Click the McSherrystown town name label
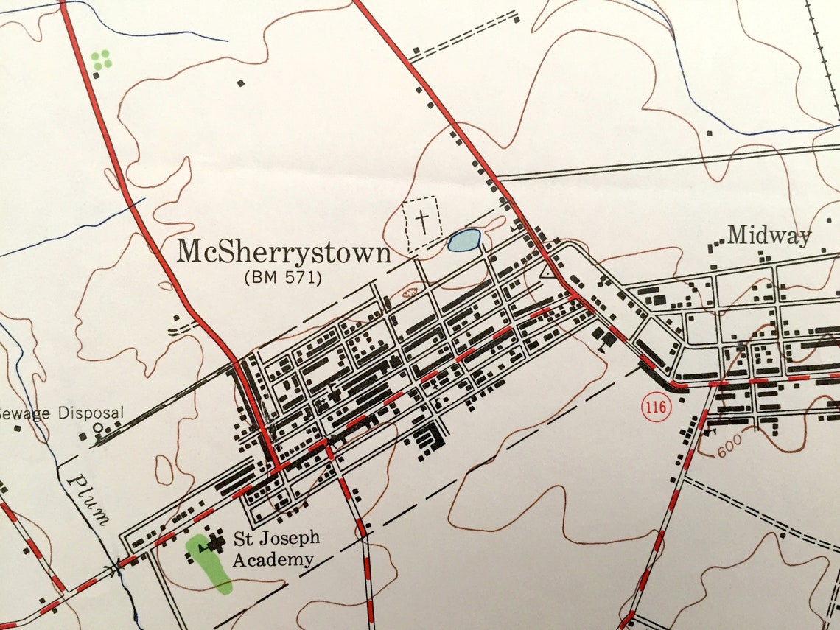[284, 253]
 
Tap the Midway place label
[769, 236]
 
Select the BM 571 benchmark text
[284, 278]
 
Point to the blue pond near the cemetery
[463, 239]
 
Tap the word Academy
[273, 559]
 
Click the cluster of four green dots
[102, 59]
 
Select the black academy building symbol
[216, 544]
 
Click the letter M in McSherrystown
[189, 252]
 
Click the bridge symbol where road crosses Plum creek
[114, 567]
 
